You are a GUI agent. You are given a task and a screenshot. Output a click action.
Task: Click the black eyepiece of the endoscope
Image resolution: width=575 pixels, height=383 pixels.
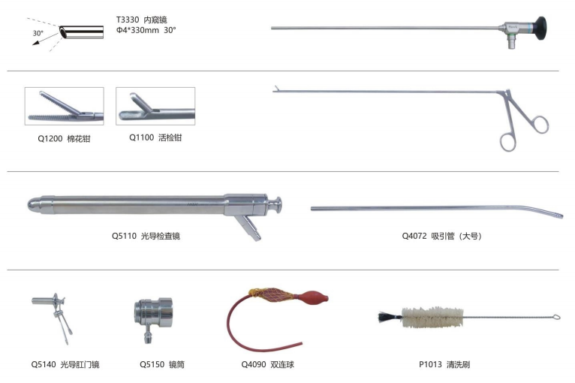pyautogui.click(x=540, y=29)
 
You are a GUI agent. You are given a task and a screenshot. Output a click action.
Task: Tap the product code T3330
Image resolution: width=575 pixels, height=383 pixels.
pyautogui.click(x=128, y=20)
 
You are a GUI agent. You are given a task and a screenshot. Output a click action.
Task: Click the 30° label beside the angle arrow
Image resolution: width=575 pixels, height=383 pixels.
pyautogui.click(x=38, y=33)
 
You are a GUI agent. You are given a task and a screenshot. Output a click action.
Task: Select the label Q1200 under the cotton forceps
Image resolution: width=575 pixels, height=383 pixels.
pyautogui.click(x=50, y=139)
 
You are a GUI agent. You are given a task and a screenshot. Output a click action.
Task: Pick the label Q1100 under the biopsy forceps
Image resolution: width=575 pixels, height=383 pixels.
pyautogui.click(x=142, y=137)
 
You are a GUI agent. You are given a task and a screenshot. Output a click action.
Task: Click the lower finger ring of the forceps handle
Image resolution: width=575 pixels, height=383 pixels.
pyautogui.click(x=508, y=143)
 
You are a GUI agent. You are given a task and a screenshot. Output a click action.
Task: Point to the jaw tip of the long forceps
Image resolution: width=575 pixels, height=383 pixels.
pyautogui.click(x=275, y=89)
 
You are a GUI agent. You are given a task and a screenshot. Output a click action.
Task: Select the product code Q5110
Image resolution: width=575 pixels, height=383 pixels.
pyautogui.click(x=124, y=236)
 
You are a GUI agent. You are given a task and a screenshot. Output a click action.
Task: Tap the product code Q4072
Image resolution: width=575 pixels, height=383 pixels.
pyautogui.click(x=414, y=236)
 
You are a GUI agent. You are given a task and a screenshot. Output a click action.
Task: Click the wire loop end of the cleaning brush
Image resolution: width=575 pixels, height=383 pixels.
pyautogui.click(x=556, y=318)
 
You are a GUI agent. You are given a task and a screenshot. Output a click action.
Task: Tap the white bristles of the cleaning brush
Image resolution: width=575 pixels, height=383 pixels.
pyautogui.click(x=432, y=317)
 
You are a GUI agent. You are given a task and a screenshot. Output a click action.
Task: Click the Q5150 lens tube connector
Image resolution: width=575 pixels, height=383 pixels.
pyautogui.click(x=153, y=317)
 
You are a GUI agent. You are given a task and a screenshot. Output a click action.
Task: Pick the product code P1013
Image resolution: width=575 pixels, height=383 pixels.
pyautogui.click(x=431, y=364)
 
